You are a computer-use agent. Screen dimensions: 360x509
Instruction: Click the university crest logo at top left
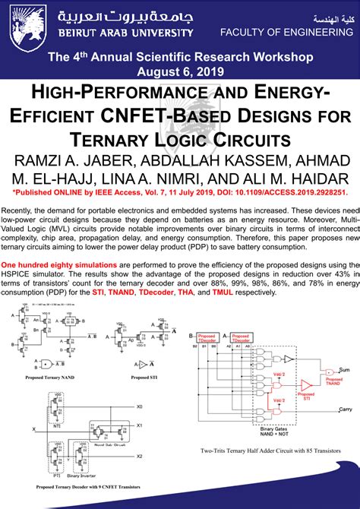click(x=20, y=22)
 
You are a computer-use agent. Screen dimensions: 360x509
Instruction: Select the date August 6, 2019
click(x=180, y=71)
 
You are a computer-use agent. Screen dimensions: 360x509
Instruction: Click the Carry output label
click(x=346, y=409)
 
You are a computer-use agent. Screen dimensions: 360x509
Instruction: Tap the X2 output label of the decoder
click(x=139, y=456)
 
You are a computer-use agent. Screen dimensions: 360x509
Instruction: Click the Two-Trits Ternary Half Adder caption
click(x=270, y=451)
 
